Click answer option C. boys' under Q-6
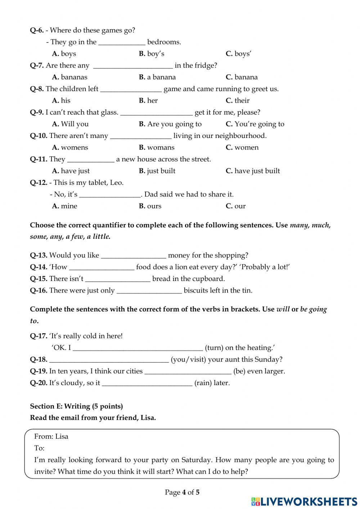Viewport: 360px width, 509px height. [x=238, y=54]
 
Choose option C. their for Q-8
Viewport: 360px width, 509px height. [x=238, y=101]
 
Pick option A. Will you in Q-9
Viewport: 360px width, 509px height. [x=70, y=124]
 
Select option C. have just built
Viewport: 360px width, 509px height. [x=253, y=171]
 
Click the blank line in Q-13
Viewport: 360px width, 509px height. [x=134, y=256]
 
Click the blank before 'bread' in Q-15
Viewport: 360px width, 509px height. [x=118, y=279]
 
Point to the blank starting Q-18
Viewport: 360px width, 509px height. [x=109, y=360]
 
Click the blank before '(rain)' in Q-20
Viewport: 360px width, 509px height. [x=147, y=383]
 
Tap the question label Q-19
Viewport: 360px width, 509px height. [x=39, y=371]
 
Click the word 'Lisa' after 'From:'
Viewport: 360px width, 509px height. [x=62, y=436]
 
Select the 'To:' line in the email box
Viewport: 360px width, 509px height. [x=39, y=448]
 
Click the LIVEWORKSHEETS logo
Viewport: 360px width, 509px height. [x=304, y=501]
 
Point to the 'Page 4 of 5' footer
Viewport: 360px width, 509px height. [x=182, y=492]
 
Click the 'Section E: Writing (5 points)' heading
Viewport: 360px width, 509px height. [x=76, y=406]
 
